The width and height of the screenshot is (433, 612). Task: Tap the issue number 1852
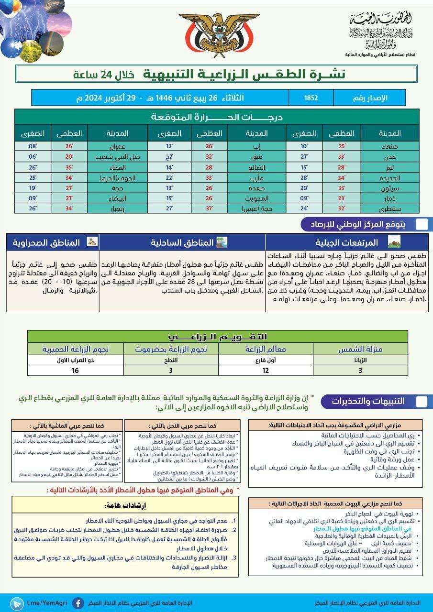(311, 98)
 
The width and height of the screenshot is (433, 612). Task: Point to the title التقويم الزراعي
(218, 337)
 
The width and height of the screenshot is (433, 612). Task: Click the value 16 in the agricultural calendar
(75, 370)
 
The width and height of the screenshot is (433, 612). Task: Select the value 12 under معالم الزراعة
(266, 370)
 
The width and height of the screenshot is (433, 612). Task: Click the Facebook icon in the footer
(78, 603)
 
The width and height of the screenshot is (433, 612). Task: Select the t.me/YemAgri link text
(47, 603)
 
